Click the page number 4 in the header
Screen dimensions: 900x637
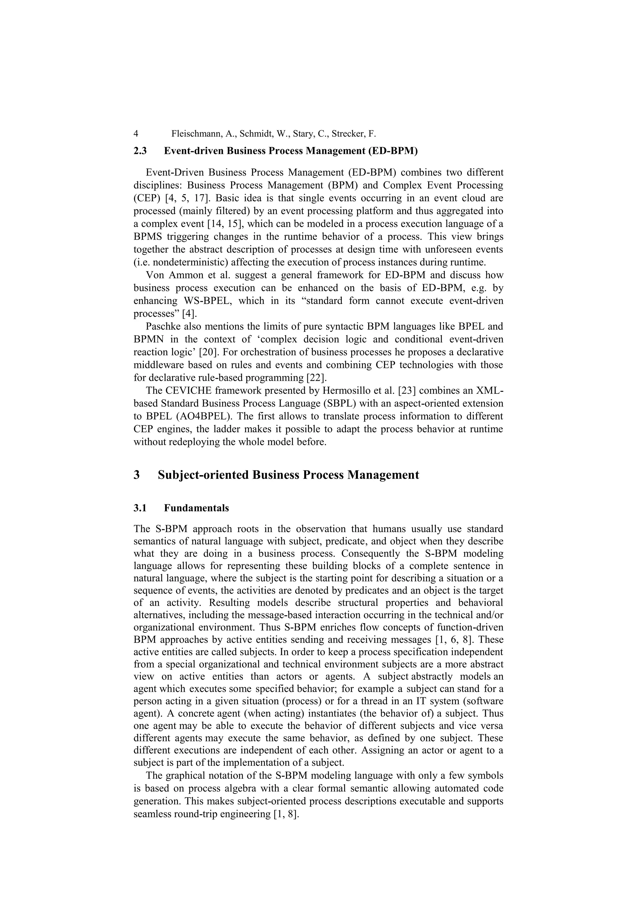(x=136, y=134)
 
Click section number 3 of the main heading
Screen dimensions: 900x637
(x=137, y=475)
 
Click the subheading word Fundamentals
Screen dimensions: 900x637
(x=196, y=508)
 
